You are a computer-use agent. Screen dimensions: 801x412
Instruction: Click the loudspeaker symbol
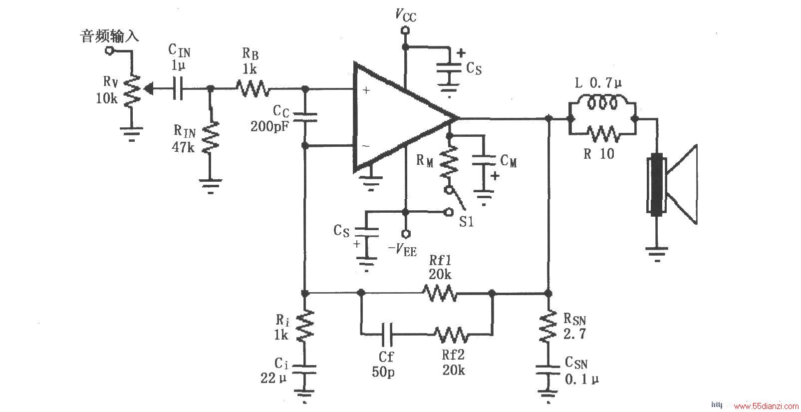[672, 185]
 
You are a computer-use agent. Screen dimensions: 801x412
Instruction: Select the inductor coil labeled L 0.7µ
[602, 103]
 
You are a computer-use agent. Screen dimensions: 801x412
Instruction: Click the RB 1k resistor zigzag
[253, 88]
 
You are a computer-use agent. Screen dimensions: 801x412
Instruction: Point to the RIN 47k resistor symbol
[211, 137]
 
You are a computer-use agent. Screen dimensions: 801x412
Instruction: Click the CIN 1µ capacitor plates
[178, 88]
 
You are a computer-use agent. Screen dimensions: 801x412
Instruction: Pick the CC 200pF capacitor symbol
[304, 117]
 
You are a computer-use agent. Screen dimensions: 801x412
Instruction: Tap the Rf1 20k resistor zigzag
[440, 293]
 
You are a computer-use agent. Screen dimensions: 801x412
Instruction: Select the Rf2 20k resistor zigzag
[451, 335]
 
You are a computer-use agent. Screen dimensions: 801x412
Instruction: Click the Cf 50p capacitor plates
[387, 334]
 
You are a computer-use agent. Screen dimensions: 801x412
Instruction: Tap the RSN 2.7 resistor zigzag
[548, 327]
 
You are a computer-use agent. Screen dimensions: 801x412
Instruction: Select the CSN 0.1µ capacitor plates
[548, 370]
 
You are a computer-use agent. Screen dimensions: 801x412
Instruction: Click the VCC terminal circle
[405, 31]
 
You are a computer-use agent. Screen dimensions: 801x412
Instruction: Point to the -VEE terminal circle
[406, 234]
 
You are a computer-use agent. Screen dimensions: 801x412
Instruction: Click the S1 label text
[467, 222]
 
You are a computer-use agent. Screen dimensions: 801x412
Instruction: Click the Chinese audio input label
[109, 36]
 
